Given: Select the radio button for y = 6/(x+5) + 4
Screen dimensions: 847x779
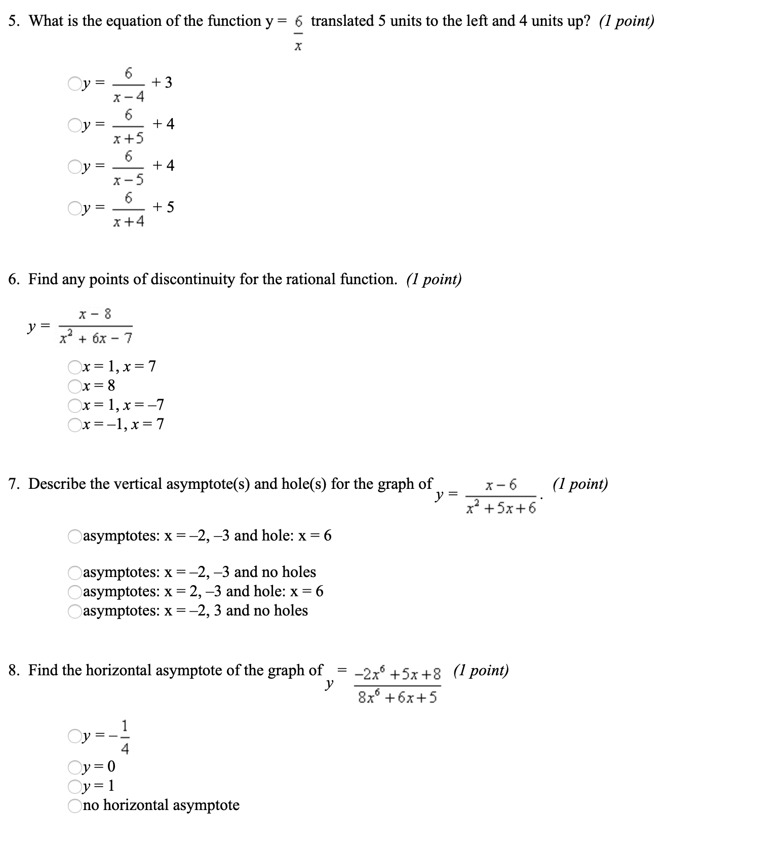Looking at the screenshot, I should pos(74,125).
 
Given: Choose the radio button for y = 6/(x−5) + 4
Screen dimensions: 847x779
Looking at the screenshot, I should pos(74,166).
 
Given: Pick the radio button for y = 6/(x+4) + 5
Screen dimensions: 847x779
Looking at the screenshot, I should pos(74,208).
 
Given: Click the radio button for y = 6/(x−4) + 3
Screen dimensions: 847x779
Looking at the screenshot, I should pos(74,83).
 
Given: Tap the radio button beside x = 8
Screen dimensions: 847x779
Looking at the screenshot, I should pos(75,386).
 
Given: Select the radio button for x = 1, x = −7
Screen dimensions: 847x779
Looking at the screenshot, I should pos(75,405).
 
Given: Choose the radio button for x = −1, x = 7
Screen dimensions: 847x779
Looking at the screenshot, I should pos(75,425).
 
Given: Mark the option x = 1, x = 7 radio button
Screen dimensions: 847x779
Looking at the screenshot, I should pos(75,366).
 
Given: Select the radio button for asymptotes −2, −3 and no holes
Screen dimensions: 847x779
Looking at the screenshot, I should pos(75,572).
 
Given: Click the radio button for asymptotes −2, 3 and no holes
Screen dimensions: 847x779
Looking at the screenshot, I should pos(75,611).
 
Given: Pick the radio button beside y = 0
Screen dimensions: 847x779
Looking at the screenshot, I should pos(75,766).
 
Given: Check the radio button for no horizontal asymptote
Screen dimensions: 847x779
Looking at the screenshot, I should pos(75,805).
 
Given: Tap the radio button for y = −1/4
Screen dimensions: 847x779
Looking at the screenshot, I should pos(74,736).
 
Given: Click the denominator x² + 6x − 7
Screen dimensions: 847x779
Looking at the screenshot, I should pos(96,337).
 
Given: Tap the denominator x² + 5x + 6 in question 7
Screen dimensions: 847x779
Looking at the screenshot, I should pos(501,508).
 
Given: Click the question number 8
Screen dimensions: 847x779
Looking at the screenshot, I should pos(14,671).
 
